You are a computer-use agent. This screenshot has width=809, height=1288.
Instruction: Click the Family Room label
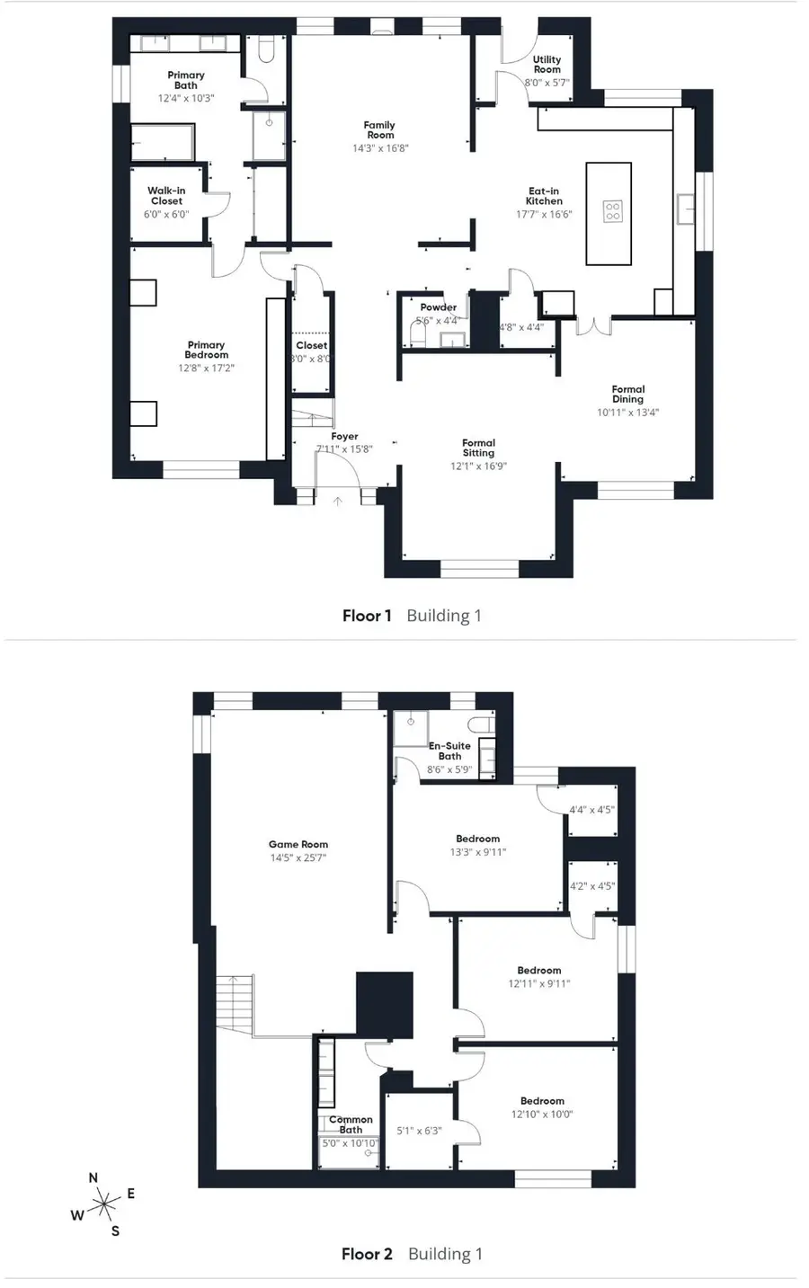379,130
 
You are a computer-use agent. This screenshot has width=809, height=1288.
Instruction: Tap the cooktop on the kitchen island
612,211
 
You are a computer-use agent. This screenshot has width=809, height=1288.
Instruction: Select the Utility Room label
547,64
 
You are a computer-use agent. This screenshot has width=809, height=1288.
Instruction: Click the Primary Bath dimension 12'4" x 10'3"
186,98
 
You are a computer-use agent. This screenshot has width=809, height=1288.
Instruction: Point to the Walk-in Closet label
166,196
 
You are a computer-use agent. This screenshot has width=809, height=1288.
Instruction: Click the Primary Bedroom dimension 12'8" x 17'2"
206,368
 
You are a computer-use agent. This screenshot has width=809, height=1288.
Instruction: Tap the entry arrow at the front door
338,501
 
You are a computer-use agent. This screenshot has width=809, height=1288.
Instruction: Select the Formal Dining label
627,394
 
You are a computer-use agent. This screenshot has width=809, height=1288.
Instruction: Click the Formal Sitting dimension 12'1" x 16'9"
478,466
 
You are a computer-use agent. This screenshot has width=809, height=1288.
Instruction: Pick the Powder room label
439,307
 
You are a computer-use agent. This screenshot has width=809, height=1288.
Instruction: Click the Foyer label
344,437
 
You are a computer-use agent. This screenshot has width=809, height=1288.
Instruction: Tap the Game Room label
298,844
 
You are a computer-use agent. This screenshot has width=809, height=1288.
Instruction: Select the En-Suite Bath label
449,751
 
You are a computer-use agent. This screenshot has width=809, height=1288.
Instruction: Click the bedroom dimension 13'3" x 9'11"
477,851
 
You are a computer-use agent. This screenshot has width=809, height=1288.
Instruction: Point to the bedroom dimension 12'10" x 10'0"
542,1114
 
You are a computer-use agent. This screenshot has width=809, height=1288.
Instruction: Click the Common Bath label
351,1124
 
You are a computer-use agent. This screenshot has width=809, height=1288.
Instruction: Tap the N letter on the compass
93,1177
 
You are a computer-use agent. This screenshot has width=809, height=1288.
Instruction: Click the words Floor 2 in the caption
367,1254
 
